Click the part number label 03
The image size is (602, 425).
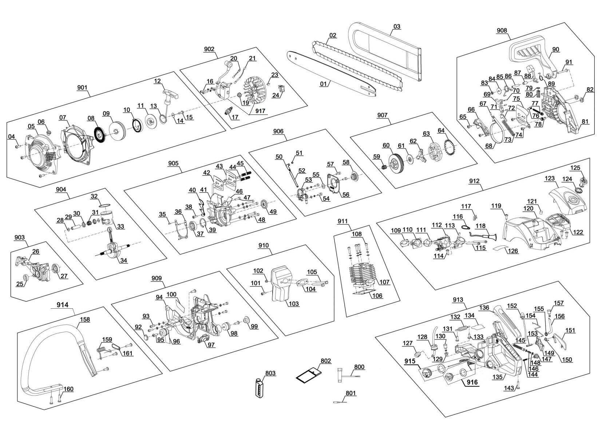pyautogui.click(x=397, y=27)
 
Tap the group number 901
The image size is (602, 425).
pyautogui.click(x=82, y=88)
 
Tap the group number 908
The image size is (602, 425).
pyautogui.click(x=502, y=31)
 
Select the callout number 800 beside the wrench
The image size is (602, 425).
pyautogui.click(x=359, y=367)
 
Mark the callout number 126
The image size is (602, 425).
pyautogui.click(x=513, y=251)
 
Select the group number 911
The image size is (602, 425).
pyautogui.click(x=342, y=221)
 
